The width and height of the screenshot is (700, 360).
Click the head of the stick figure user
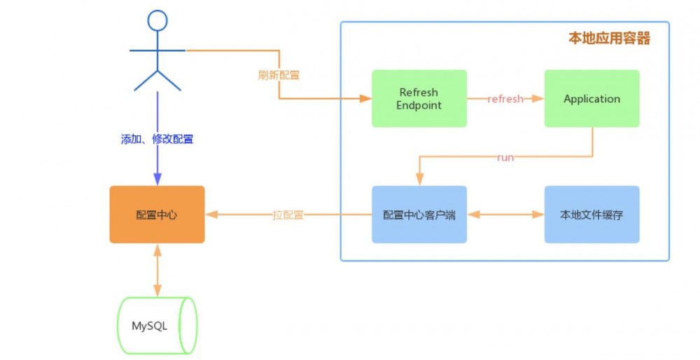tap(157, 20)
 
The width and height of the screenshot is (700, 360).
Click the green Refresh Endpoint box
tap(419, 98)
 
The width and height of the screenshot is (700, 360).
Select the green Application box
tap(591, 98)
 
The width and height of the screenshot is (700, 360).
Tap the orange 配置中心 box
tap(157, 214)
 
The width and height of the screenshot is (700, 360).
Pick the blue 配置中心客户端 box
tap(419, 214)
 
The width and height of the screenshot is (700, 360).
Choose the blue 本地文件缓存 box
tap(591, 214)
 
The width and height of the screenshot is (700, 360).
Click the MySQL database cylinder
tap(157, 326)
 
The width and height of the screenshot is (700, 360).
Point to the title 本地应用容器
tap(609, 39)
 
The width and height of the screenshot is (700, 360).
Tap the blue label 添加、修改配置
tap(157, 139)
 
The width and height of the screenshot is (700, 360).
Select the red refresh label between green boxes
tap(505, 99)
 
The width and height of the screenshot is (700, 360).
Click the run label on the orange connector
tap(505, 158)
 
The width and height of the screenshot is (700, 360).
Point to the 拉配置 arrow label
tap(288, 215)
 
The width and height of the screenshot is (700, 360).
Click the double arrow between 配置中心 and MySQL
tap(157, 270)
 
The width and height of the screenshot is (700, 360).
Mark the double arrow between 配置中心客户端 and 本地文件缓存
tap(505, 214)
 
